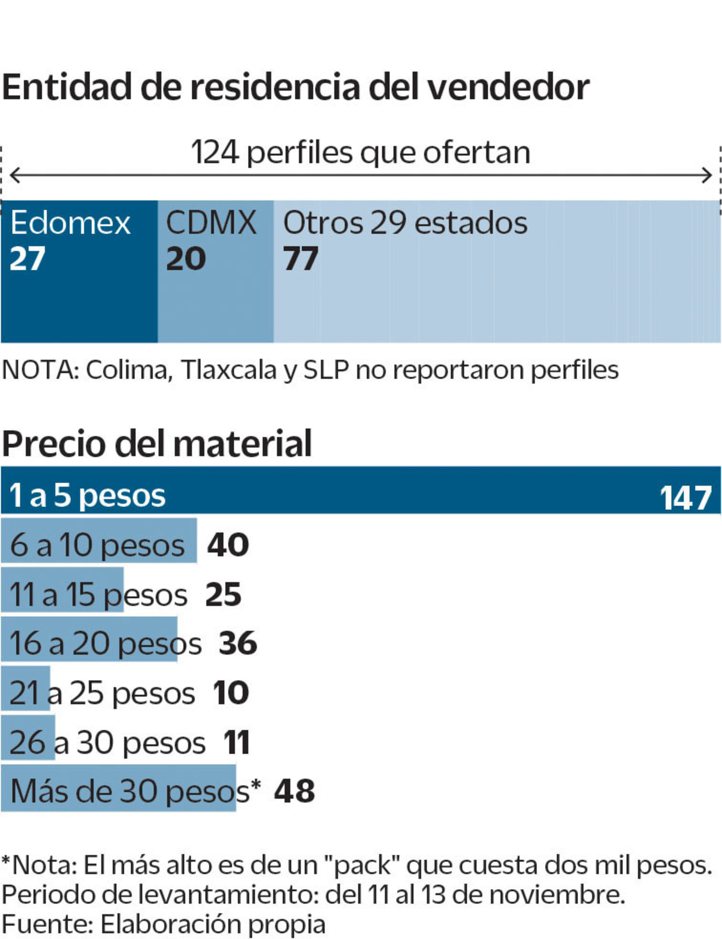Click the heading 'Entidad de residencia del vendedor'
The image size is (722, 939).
pos(296,87)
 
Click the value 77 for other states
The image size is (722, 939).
pos(301,259)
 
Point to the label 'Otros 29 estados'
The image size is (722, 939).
pos(405,223)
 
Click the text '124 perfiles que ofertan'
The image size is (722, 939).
pos(360,152)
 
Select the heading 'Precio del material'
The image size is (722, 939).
pos(157,444)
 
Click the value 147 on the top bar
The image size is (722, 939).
pos(685,498)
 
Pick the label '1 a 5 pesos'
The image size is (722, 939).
pos(88,495)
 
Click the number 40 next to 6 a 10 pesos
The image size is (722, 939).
pos(228,545)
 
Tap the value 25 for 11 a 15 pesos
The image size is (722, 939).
pos(223,594)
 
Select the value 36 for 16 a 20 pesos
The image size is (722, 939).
pos(238,643)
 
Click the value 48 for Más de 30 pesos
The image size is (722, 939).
pos(294,791)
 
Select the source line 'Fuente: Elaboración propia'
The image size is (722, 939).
pos(163,924)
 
